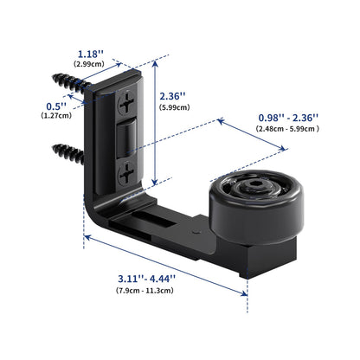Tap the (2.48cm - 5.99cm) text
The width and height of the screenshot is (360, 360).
point(288,129)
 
